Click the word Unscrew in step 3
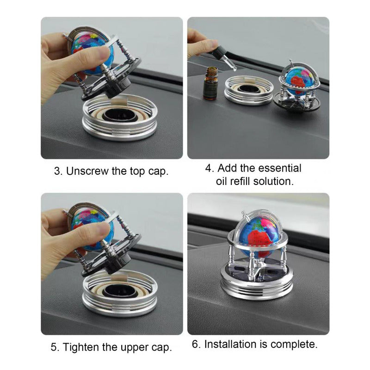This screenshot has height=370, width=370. click(x=87, y=171)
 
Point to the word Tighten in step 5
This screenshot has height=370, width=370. click(x=81, y=347)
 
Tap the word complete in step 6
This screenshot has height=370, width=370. click(x=294, y=345)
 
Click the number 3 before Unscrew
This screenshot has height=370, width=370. click(x=58, y=171)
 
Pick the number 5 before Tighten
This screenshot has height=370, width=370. click(x=55, y=347)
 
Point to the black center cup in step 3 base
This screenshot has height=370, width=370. click(x=118, y=115)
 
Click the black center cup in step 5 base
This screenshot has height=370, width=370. click(x=118, y=290)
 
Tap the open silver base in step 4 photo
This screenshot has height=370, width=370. click(x=249, y=90)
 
